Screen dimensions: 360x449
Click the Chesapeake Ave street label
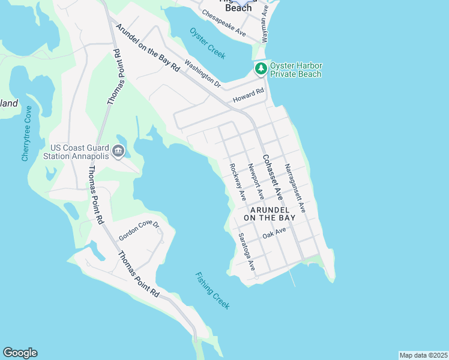click(224, 22)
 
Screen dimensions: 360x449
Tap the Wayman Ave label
click(265, 25)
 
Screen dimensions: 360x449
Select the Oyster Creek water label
click(207, 43)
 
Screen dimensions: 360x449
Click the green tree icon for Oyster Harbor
click(261, 69)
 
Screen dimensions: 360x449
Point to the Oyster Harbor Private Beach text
click(296, 70)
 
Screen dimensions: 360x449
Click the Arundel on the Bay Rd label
click(148, 48)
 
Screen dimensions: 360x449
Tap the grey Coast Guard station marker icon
click(118, 151)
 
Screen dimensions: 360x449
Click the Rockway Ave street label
click(238, 182)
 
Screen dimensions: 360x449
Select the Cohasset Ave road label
click(271, 176)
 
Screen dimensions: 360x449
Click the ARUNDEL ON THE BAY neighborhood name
click(273, 214)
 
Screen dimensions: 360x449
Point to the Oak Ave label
click(274, 232)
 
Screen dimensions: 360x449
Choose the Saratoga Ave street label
click(247, 251)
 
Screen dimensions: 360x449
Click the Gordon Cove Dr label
click(139, 231)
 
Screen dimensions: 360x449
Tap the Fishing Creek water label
click(212, 290)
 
